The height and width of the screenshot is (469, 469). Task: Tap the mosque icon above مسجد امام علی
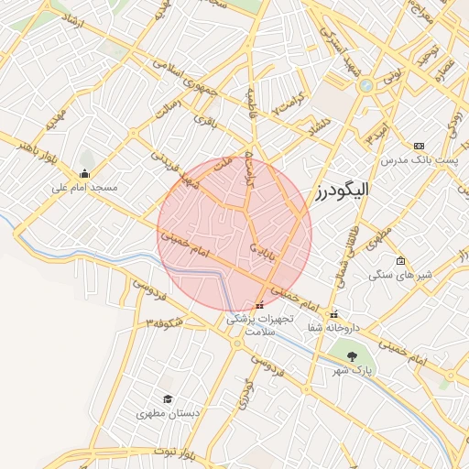pos(85,174)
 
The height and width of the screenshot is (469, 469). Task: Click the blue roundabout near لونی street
pos(366,85)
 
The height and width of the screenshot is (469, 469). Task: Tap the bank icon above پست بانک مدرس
pos(419,146)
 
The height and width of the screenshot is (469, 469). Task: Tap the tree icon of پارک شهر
pos(352,355)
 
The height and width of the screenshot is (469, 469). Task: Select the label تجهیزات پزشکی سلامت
pos(260,325)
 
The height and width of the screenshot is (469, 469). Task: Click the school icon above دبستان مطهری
pos(167,399)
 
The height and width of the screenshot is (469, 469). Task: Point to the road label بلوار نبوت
pos(151,454)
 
